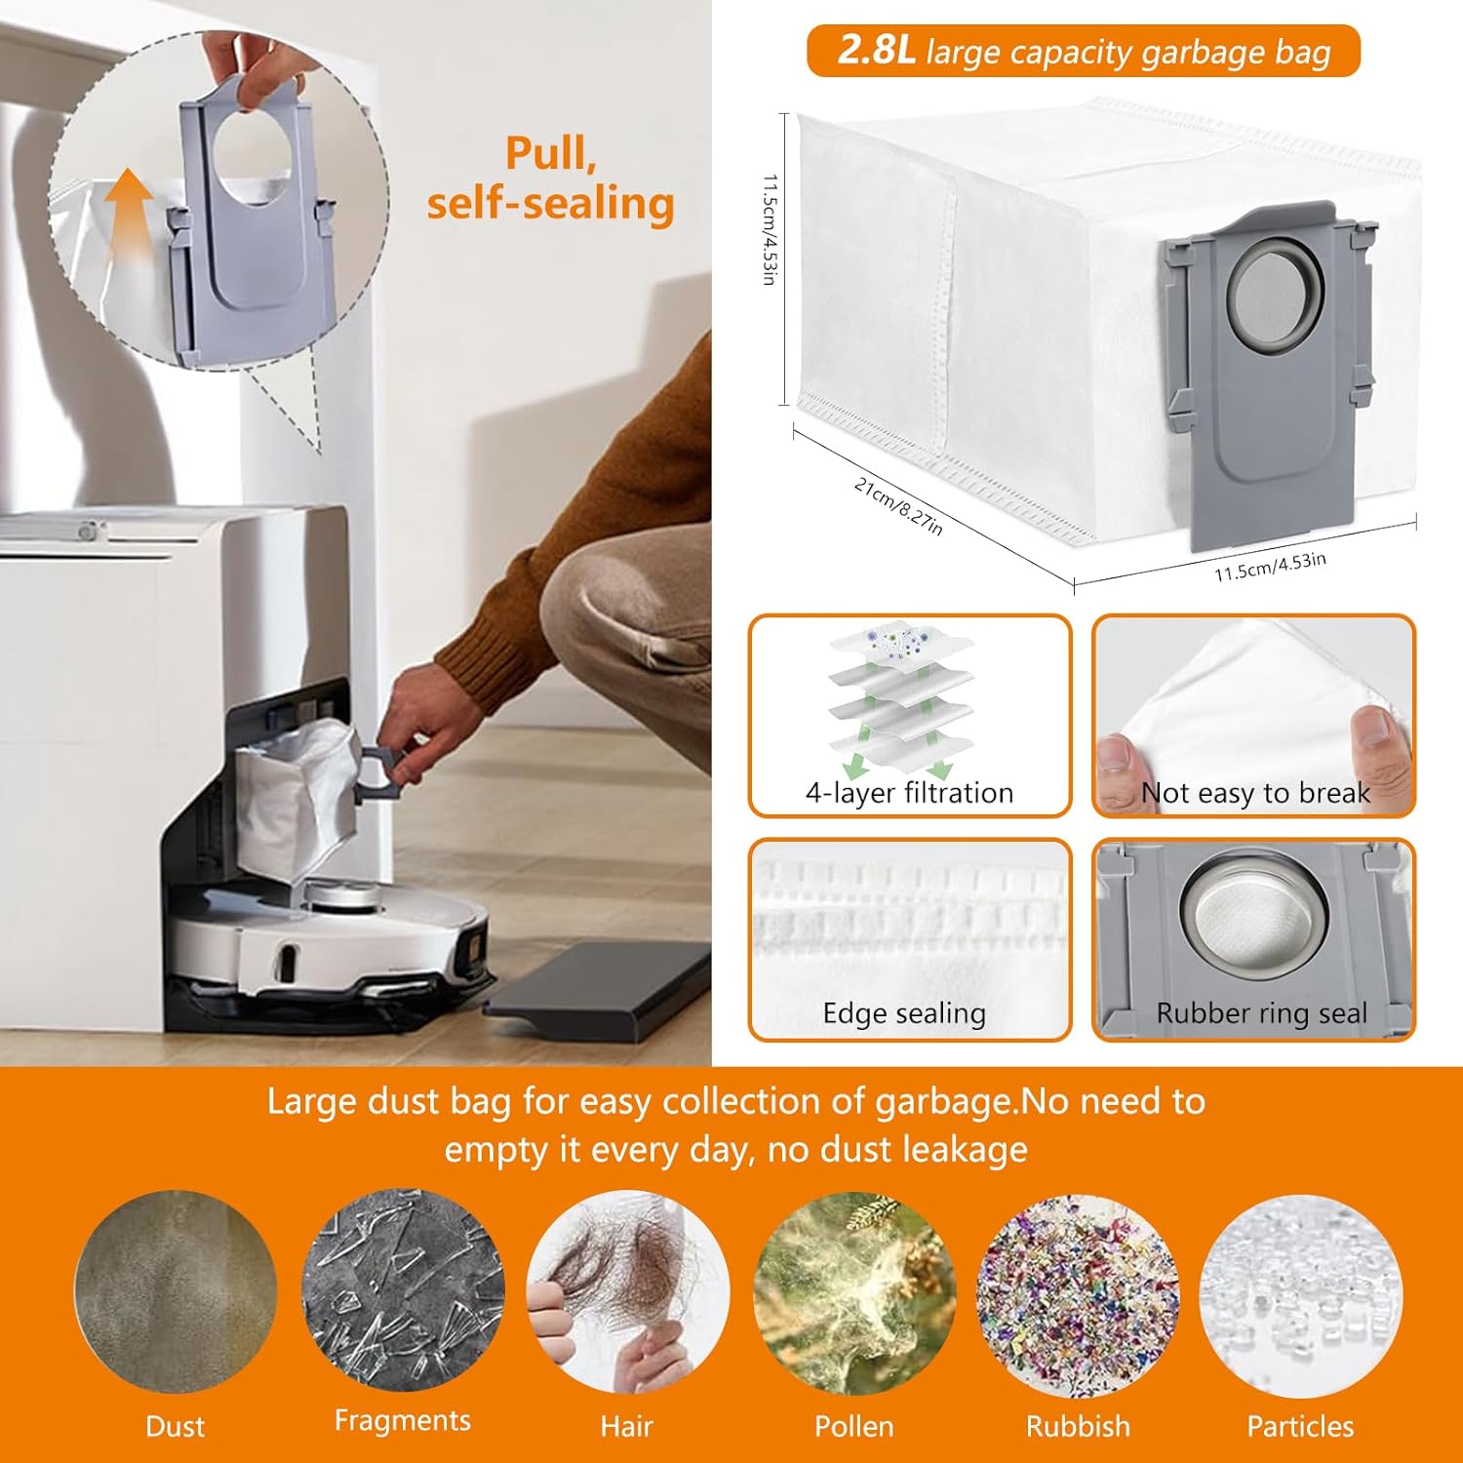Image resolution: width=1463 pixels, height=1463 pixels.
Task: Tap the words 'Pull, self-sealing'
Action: pyautogui.click(x=550, y=179)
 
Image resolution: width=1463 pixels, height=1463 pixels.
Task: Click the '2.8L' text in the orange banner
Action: pyautogui.click(x=876, y=51)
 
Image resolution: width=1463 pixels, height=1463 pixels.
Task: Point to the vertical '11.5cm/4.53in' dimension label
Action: pyautogui.click(x=770, y=230)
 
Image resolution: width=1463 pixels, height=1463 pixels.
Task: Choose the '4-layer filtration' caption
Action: pyautogui.click(x=909, y=793)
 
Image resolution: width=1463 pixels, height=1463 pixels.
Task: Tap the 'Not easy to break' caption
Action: pyautogui.click(x=1255, y=793)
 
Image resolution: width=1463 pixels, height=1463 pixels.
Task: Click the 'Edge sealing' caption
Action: pyautogui.click(x=904, y=1013)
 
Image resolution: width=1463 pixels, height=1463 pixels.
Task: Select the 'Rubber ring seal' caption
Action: pyautogui.click(x=1261, y=1013)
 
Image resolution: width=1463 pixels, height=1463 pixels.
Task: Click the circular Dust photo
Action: pyautogui.click(x=176, y=1292)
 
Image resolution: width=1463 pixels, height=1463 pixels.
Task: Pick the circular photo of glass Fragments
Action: pyautogui.click(x=403, y=1290)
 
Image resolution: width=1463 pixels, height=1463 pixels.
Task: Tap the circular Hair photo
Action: pyautogui.click(x=627, y=1292)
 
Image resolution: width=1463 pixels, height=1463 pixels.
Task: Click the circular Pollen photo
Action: pyautogui.click(x=854, y=1292)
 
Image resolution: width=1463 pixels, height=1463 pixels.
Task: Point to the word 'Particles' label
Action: pyautogui.click(x=1300, y=1426)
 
